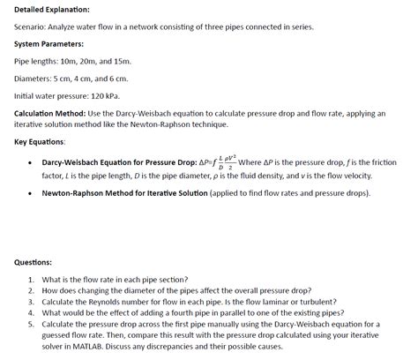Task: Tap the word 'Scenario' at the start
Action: coord(33,26)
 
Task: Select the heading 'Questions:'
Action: coord(34,262)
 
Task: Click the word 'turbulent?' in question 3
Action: coord(316,301)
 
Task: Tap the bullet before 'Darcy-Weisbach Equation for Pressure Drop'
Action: coord(31,163)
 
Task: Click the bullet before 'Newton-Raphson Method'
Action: coord(31,191)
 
